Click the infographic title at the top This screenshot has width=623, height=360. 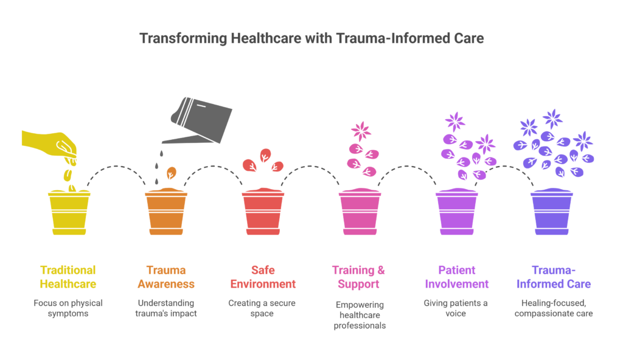311,38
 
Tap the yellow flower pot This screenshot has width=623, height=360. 69,212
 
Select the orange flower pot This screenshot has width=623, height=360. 166,212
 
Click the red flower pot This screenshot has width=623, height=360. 263,212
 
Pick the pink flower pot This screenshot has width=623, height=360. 360,212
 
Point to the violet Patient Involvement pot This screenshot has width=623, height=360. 456,212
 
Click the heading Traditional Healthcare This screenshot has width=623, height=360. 68,276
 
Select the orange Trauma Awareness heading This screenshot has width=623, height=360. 166,276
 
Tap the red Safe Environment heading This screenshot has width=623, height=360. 263,276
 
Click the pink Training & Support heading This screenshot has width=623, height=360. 360,276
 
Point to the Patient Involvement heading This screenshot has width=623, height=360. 456,276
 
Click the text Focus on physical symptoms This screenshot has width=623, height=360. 68,307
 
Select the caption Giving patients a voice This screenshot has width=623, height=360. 456,307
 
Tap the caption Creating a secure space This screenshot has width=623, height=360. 263,307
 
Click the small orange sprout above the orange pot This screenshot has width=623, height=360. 172,173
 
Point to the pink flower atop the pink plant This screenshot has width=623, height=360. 360,130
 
